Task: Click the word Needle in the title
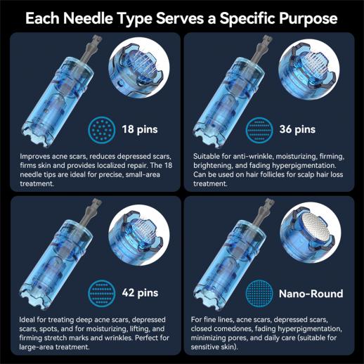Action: (88, 18)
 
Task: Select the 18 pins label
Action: (140, 129)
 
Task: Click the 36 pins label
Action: (297, 129)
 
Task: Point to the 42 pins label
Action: (140, 293)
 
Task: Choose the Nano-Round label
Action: (311, 294)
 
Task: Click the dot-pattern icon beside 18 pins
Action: (102, 129)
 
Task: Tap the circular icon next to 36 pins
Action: (259, 129)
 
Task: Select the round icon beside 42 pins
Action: (102, 293)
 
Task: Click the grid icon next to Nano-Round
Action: (259, 293)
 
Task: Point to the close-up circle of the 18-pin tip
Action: (139, 67)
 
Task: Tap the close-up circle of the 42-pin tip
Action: (139, 235)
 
